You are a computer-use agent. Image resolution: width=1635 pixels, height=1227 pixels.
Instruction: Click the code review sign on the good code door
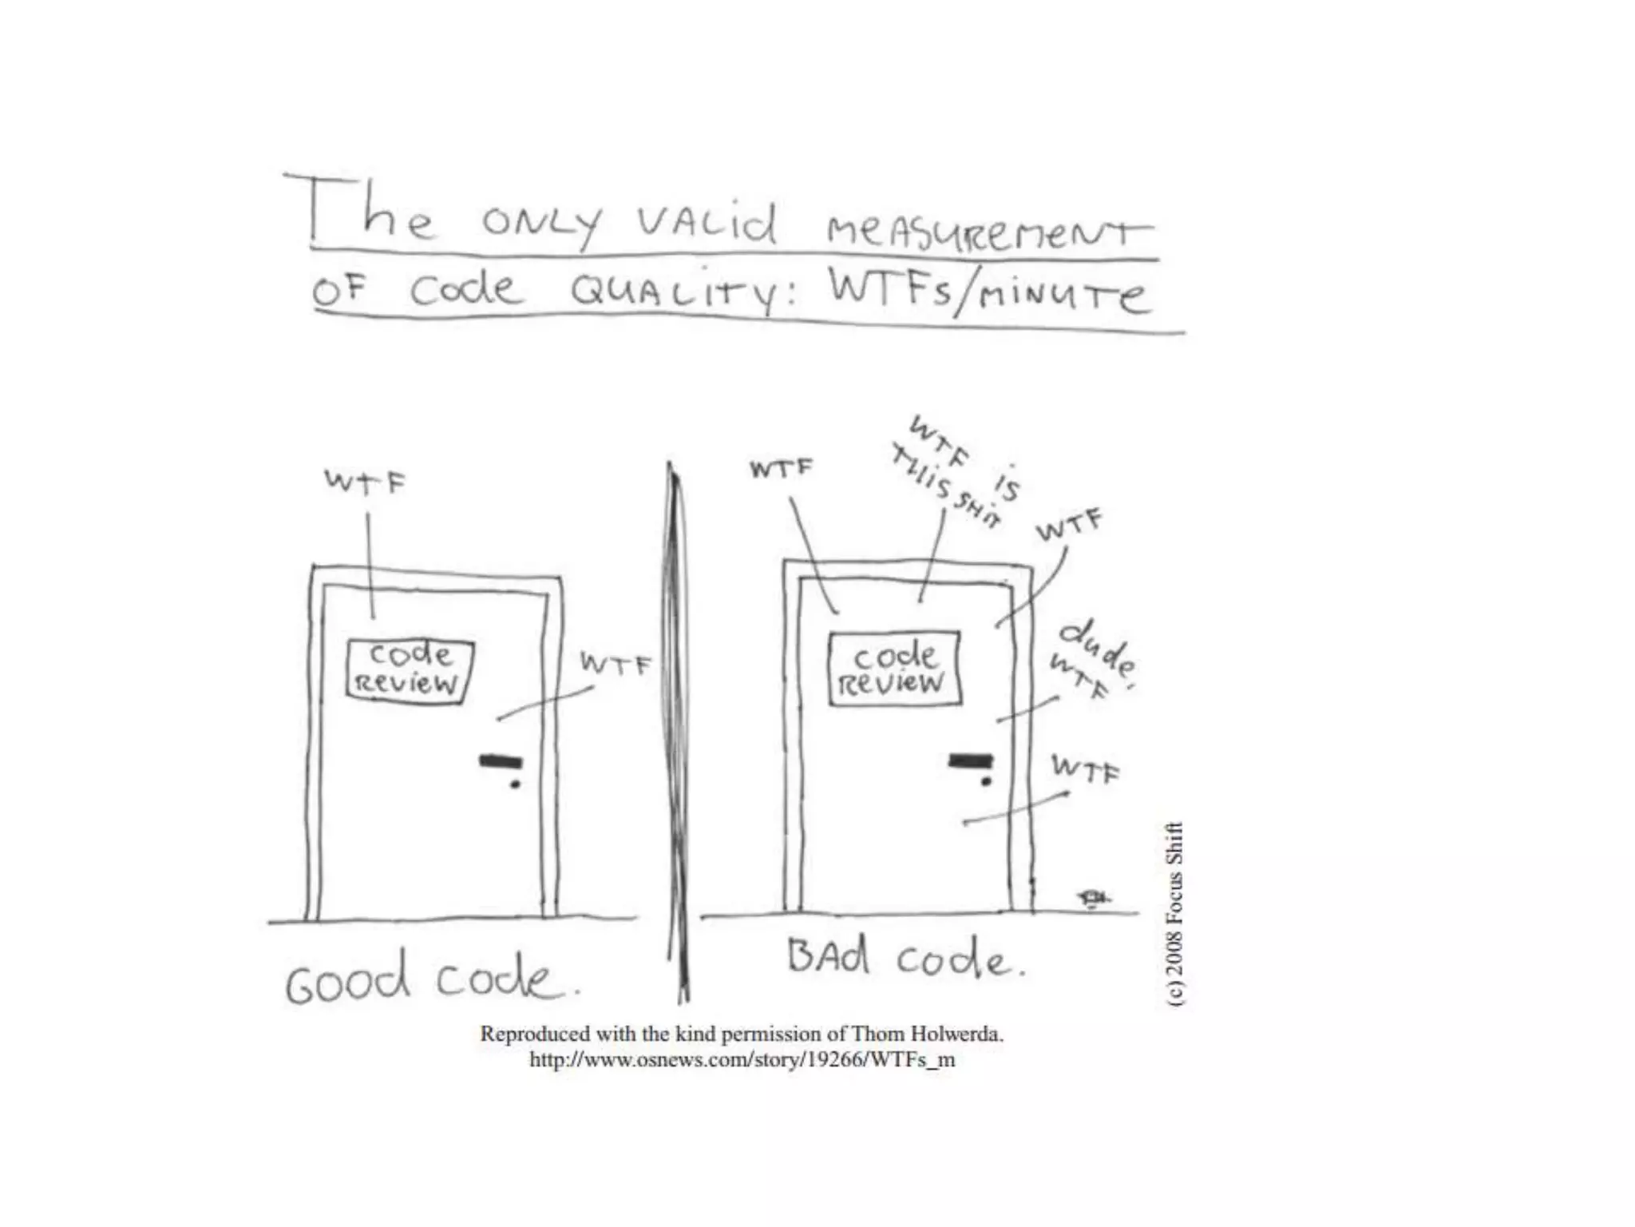tap(410, 670)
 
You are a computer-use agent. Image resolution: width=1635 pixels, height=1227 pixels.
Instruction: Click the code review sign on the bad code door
tap(895, 669)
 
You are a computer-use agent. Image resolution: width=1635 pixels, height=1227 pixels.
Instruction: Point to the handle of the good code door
tap(501, 760)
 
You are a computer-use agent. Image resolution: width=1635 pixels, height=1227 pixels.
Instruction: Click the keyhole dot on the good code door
tap(515, 784)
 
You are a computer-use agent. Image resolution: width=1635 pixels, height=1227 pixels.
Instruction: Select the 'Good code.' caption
tap(431, 978)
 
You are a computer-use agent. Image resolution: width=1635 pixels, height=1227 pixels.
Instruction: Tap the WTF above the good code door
tap(365, 482)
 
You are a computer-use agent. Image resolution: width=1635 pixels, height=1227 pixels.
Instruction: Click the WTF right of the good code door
tap(616, 664)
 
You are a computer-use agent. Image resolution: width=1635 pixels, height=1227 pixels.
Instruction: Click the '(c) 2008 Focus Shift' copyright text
tap(1175, 914)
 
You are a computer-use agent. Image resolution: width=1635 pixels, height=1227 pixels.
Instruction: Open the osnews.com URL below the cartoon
tap(742, 1060)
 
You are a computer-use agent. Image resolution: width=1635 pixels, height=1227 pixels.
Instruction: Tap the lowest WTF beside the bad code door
tap(1085, 769)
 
